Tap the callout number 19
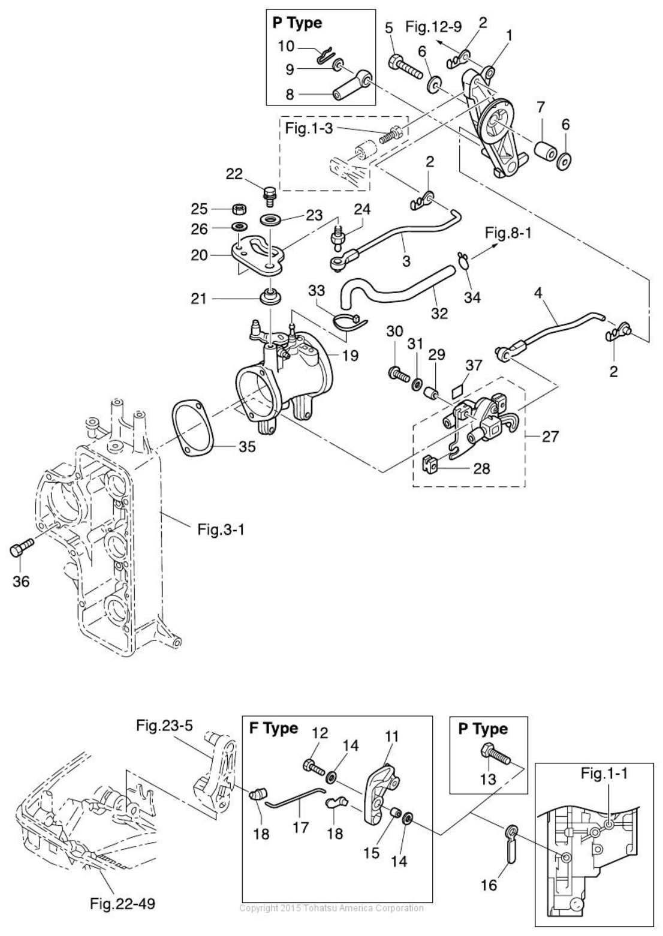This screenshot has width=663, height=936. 350,356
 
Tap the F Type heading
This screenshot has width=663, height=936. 273,729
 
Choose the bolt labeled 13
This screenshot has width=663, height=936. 493,752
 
